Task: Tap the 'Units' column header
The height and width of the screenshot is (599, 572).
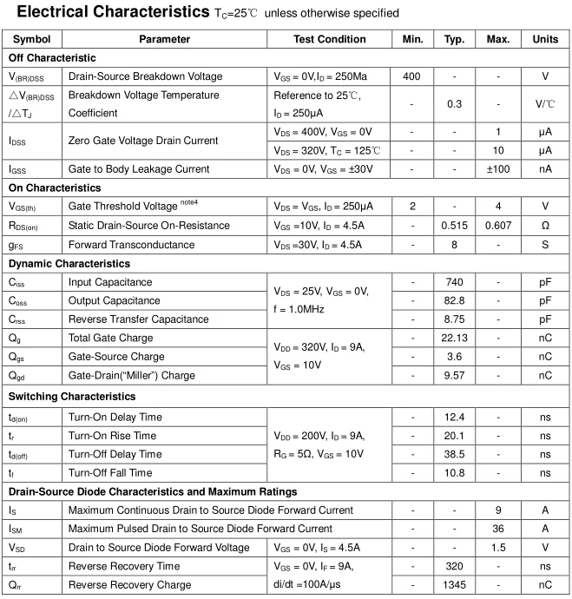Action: [x=545, y=39]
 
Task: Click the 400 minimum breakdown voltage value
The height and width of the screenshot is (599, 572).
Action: [x=411, y=76]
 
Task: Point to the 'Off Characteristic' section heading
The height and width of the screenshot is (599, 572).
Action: [x=52, y=57]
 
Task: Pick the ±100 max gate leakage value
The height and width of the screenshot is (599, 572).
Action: [x=498, y=169]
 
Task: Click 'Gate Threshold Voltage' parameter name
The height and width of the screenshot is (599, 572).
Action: [x=123, y=207]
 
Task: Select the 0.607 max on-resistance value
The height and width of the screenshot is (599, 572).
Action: [x=498, y=226]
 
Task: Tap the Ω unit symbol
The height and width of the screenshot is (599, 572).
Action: [x=545, y=226]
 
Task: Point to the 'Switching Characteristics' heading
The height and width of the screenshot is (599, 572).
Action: [x=72, y=397]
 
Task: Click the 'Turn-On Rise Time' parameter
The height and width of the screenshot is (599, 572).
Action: [x=113, y=436]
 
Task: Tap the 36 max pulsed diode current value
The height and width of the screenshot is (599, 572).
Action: [x=498, y=529]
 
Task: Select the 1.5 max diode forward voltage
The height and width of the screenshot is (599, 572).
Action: [x=498, y=548]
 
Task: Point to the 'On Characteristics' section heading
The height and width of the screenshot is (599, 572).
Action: [x=55, y=188]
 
